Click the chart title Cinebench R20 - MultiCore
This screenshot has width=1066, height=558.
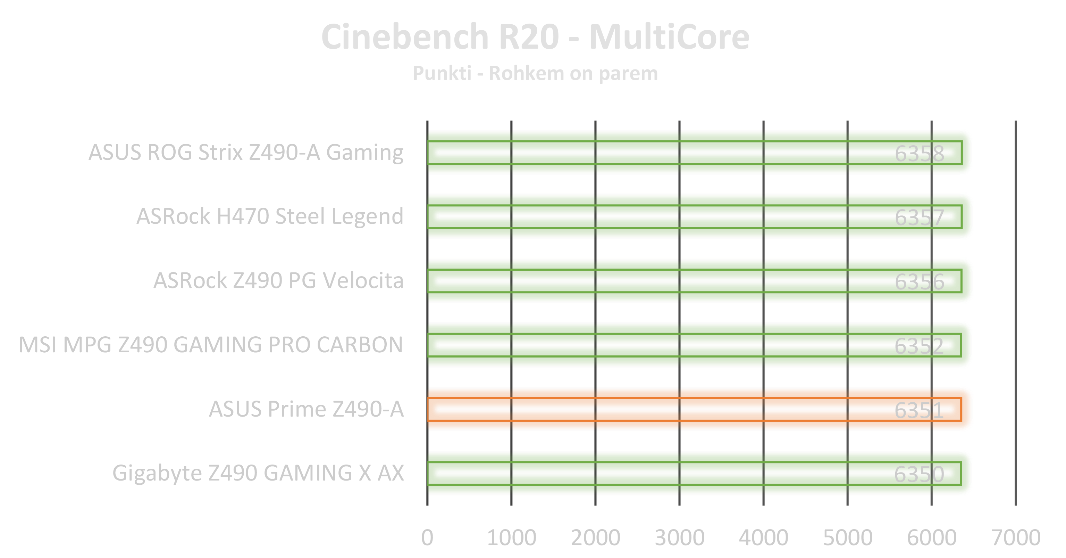pyautogui.click(x=535, y=37)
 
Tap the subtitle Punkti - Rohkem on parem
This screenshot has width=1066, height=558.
pyautogui.click(x=535, y=74)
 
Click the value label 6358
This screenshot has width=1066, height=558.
pyautogui.click(x=919, y=154)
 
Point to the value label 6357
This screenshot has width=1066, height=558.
pyautogui.click(x=919, y=218)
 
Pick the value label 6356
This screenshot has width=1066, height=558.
pyautogui.click(x=919, y=282)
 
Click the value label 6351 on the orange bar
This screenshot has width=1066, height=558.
pyautogui.click(x=919, y=410)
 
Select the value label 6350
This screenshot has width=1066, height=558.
pyautogui.click(x=919, y=474)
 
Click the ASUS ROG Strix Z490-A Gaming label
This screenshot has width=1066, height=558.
pyautogui.click(x=246, y=153)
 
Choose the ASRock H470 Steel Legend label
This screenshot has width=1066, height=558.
pyautogui.click(x=270, y=216)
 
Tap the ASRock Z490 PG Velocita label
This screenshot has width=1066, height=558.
pyautogui.click(x=278, y=280)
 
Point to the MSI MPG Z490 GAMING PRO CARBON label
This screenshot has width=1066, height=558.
pyautogui.click(x=211, y=345)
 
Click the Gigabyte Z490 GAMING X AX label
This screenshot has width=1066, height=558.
pyautogui.click(x=258, y=473)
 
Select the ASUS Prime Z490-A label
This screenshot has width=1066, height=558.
pyautogui.click(x=306, y=409)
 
